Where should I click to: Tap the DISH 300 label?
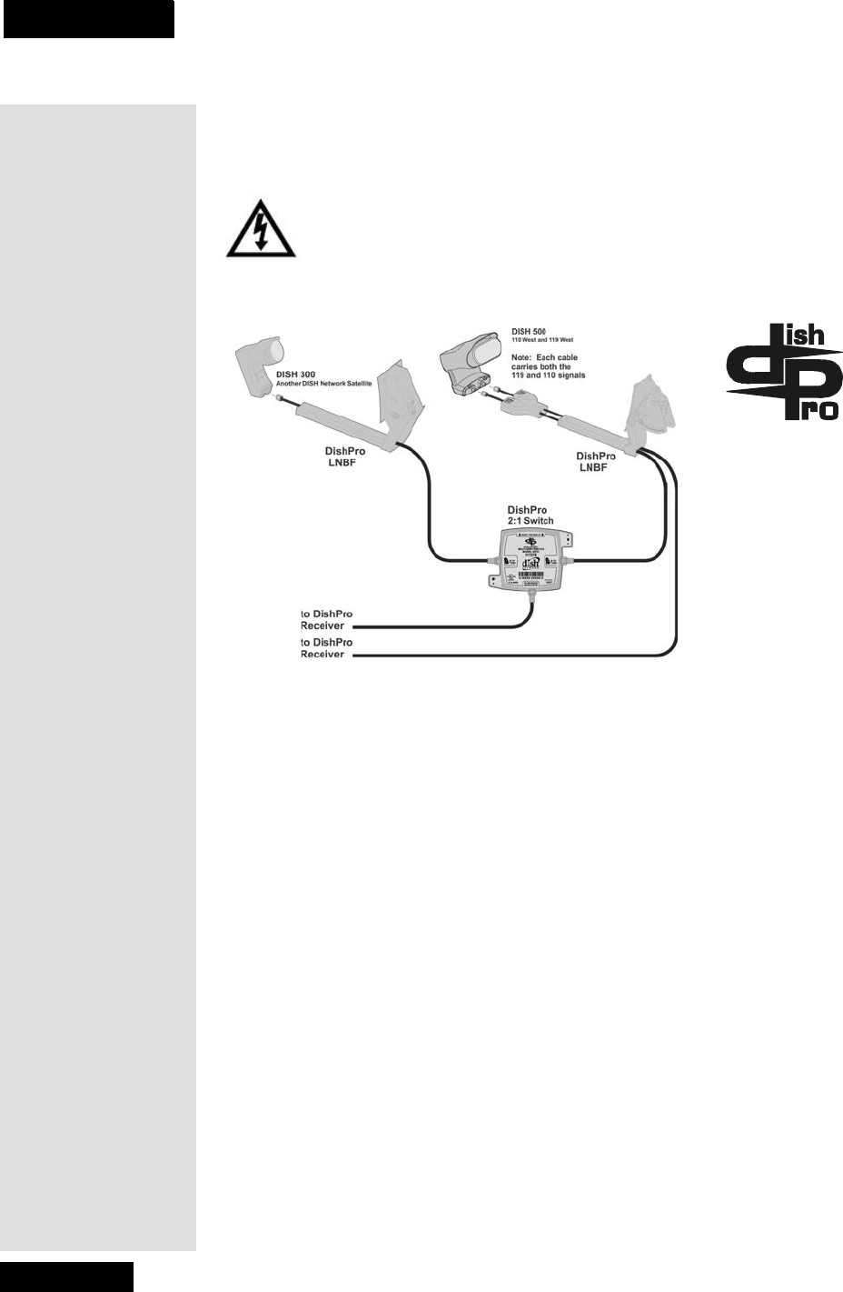click(x=295, y=374)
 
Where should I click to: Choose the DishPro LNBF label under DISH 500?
click(x=597, y=461)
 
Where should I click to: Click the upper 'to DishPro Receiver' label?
click(x=326, y=619)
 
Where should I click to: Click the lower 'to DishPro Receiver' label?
click(x=326, y=648)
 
